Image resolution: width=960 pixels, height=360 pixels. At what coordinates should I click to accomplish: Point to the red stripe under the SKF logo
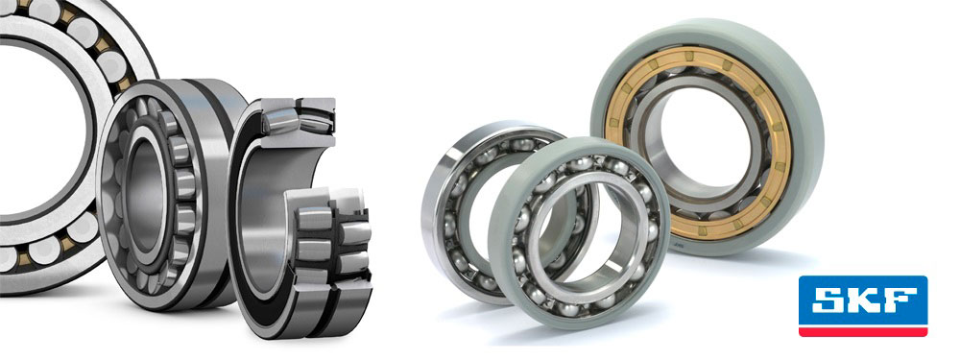(863, 331)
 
